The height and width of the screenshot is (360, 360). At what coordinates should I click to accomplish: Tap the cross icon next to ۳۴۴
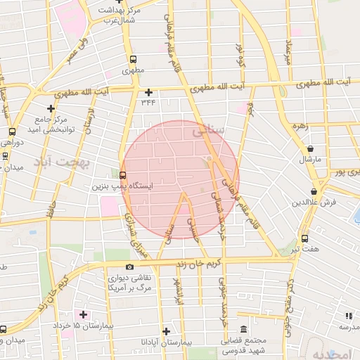tap(148, 92)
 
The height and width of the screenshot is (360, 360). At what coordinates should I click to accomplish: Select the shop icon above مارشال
tap(311, 148)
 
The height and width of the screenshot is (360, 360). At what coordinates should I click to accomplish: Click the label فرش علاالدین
tap(314, 202)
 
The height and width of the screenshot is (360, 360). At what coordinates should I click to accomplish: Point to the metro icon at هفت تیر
tap(304, 239)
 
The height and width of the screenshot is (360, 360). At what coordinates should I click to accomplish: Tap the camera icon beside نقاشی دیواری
tap(129, 266)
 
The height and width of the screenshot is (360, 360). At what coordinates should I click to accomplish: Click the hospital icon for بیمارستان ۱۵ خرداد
tap(84, 314)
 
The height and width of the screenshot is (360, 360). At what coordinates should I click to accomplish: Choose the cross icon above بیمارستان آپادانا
tap(166, 331)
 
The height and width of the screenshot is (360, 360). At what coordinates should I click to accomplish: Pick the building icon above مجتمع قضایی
tap(243, 330)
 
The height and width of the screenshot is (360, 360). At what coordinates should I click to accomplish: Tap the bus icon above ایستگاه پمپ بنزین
tap(123, 175)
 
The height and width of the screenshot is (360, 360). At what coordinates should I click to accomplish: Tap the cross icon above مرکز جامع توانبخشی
tap(51, 108)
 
